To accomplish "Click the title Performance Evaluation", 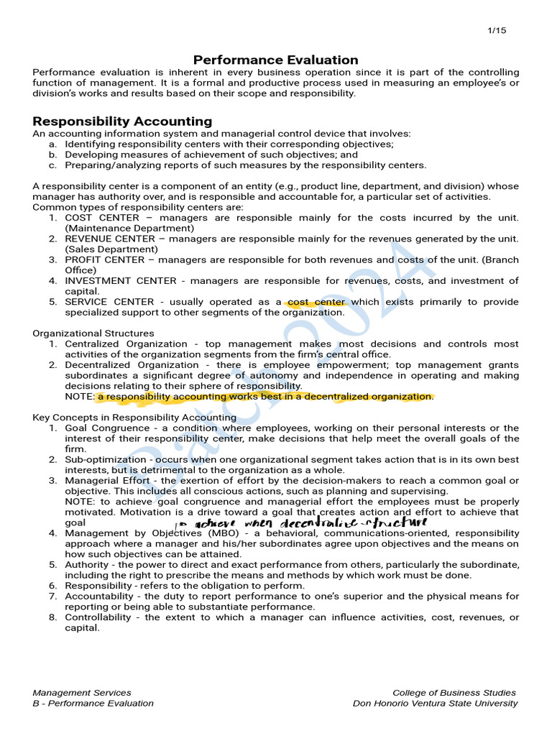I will [276, 60].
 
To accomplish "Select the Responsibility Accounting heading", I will [122, 121].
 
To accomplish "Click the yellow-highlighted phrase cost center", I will [316, 302].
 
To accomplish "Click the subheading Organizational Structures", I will [93, 333].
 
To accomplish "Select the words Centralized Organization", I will [126, 344].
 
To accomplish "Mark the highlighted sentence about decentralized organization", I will [265, 397].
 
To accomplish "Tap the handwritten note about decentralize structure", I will [302, 523].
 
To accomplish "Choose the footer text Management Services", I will [82, 693].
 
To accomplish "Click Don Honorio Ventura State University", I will [435, 704].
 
